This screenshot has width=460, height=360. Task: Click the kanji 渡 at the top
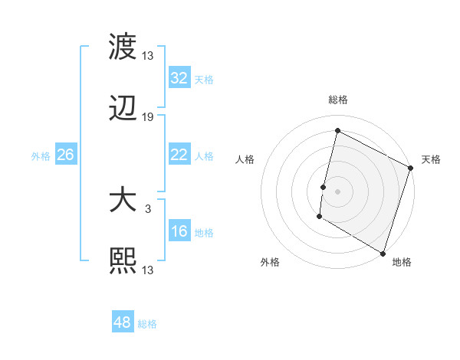pyautogui.click(x=123, y=46)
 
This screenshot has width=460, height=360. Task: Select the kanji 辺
pyautogui.click(x=123, y=109)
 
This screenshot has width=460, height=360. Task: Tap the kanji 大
pyautogui.click(x=123, y=200)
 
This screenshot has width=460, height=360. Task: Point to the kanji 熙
pyautogui.click(x=123, y=261)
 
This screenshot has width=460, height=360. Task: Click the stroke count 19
pyautogui.click(x=148, y=117)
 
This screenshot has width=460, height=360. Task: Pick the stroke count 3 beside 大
pyautogui.click(x=148, y=208)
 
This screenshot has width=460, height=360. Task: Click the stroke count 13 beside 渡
pyautogui.click(x=148, y=55)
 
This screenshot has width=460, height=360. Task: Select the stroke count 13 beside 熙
pyautogui.click(x=148, y=270)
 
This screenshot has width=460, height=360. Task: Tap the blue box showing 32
pyautogui.click(x=179, y=78)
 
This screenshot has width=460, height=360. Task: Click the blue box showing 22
pyautogui.click(x=179, y=155)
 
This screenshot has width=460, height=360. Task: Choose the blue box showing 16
pyautogui.click(x=179, y=231)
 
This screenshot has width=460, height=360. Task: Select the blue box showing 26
pyautogui.click(x=65, y=155)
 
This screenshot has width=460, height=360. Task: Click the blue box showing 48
pyautogui.click(x=123, y=322)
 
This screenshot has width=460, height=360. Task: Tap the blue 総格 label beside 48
pyautogui.click(x=148, y=324)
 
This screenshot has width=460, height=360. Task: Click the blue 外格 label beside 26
pyautogui.click(x=41, y=155)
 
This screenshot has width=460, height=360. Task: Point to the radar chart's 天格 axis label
pyautogui.click(x=431, y=159)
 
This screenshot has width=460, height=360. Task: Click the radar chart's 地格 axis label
pyautogui.click(x=402, y=262)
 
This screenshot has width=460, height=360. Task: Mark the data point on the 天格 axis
pyautogui.click(x=411, y=168)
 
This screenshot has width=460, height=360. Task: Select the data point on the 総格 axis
pyautogui.click(x=337, y=131)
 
